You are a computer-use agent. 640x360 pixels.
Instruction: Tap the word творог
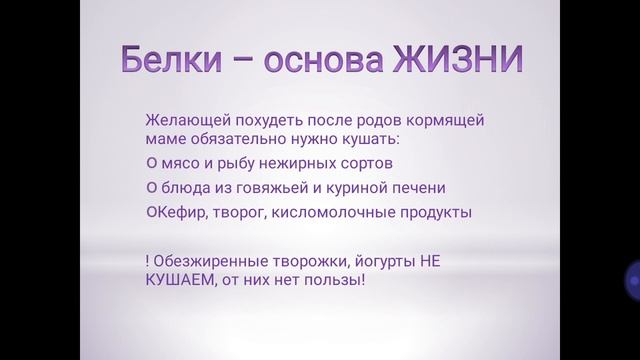229,212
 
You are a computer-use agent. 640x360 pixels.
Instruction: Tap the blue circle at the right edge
632,280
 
